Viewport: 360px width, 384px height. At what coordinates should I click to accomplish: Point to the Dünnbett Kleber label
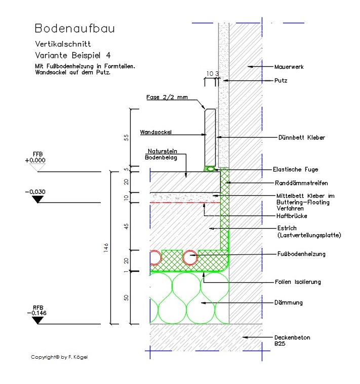click(301, 137)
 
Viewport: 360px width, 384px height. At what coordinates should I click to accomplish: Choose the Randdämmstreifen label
click(302, 182)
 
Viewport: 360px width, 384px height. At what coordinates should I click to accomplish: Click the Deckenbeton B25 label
click(292, 340)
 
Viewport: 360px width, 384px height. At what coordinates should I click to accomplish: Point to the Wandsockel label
click(156, 133)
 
